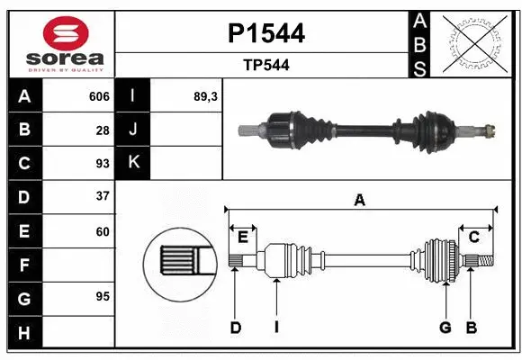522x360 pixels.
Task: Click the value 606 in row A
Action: pos(99,96)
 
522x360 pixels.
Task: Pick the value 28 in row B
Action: pos(102,130)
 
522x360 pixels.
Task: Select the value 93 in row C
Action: pos(102,165)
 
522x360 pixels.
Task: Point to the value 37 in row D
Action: pos(102,196)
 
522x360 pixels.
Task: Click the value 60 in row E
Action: pos(102,231)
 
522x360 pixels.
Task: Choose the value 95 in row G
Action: pos(102,296)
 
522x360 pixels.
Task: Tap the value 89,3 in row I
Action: pos(206,96)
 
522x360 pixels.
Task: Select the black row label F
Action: pos(23,265)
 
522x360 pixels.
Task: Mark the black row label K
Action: pos(133,163)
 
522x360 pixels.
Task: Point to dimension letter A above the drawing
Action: pos(360,200)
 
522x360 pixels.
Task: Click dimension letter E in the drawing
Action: pos(243,237)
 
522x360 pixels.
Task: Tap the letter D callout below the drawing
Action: pos(236,328)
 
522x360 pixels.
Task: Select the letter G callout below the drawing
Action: pos(445,328)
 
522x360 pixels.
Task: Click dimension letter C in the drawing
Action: pos(473,237)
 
